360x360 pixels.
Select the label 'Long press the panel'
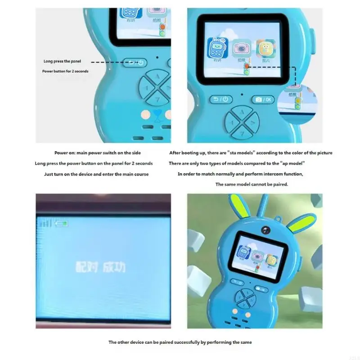[63, 61]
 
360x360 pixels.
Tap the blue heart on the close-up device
[157, 114]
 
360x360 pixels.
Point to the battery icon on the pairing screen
[61, 223]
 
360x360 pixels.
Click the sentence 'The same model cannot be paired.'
[252, 184]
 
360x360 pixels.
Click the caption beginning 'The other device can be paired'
[180, 342]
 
